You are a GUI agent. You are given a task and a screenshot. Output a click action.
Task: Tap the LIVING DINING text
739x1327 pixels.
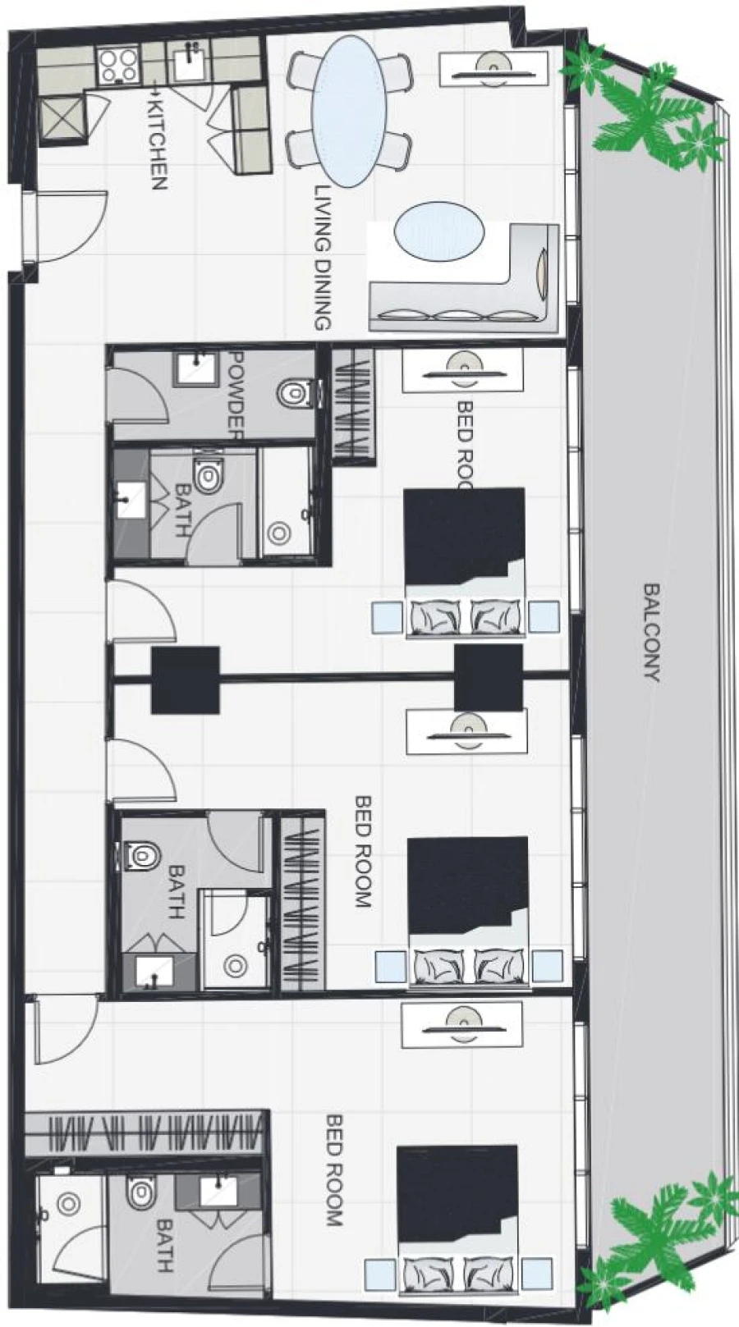coord(323,257)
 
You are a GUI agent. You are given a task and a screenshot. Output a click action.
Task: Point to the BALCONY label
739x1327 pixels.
coord(650,632)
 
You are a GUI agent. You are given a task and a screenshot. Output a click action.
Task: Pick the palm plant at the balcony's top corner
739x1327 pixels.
coord(649,115)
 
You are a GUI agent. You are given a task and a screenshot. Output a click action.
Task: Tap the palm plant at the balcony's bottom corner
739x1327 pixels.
coord(657,1239)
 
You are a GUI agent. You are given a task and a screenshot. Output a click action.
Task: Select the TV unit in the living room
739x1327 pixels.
coord(493,68)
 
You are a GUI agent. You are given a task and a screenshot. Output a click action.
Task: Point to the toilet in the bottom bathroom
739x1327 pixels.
coord(140,1191)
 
